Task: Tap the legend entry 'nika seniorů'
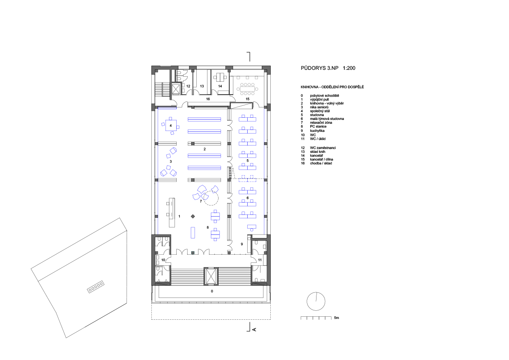tap(319, 107)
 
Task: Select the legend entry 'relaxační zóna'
tap(321, 122)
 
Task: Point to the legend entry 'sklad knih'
tap(317, 152)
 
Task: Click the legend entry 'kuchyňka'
tap(317, 131)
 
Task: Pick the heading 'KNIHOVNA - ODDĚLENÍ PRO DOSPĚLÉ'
tap(332, 87)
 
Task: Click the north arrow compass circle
tap(316, 301)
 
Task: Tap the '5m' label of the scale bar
tap(337, 318)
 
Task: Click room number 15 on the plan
tap(248, 99)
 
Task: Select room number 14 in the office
tap(220, 86)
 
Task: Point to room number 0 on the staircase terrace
tap(212, 291)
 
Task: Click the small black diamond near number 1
tap(193, 216)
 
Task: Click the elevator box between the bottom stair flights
tap(211, 276)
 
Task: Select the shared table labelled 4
tap(171, 125)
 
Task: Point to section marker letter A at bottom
tap(254, 330)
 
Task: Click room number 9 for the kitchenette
tap(242, 244)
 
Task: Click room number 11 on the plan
tap(260, 260)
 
